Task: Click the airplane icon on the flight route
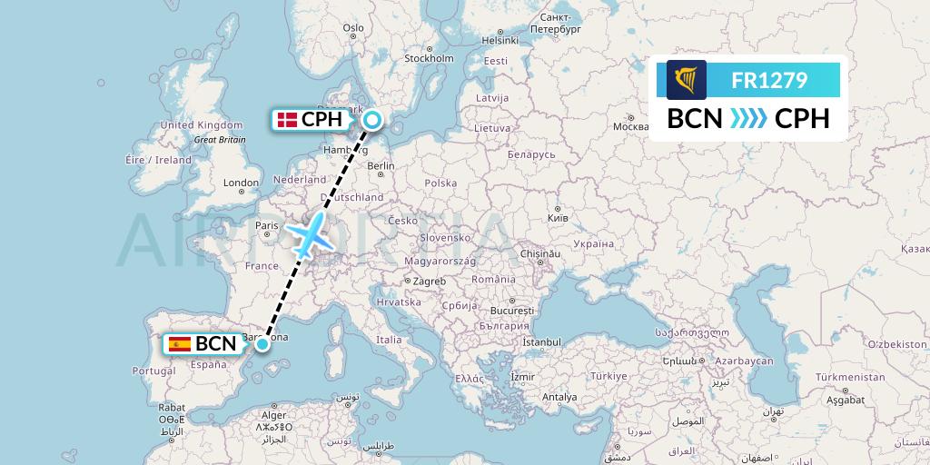(310, 236)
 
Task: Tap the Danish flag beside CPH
(288, 119)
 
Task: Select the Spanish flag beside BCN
(180, 343)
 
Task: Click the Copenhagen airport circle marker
(372, 119)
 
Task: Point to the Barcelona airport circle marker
(262, 343)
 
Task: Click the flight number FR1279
(769, 80)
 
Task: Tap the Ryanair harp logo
(686, 80)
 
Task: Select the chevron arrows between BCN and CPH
(749, 119)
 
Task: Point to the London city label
(242, 183)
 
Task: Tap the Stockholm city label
(429, 58)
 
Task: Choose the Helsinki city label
(500, 40)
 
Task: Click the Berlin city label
(381, 165)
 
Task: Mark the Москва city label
(630, 126)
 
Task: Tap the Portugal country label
(153, 371)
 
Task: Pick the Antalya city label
(559, 397)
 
